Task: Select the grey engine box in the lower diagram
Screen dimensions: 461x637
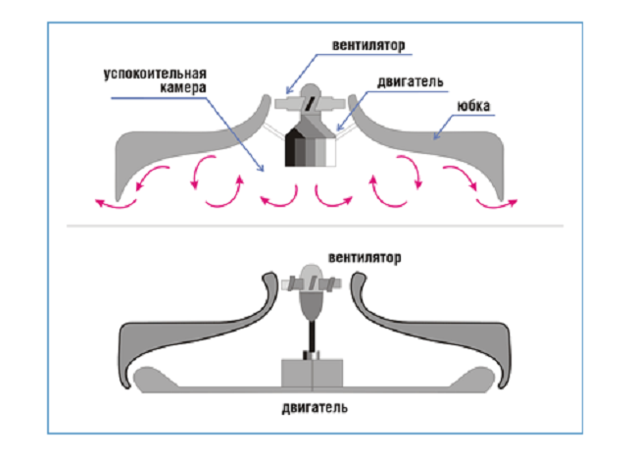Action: tap(312, 373)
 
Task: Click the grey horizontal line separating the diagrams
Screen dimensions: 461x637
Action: tap(314, 226)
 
